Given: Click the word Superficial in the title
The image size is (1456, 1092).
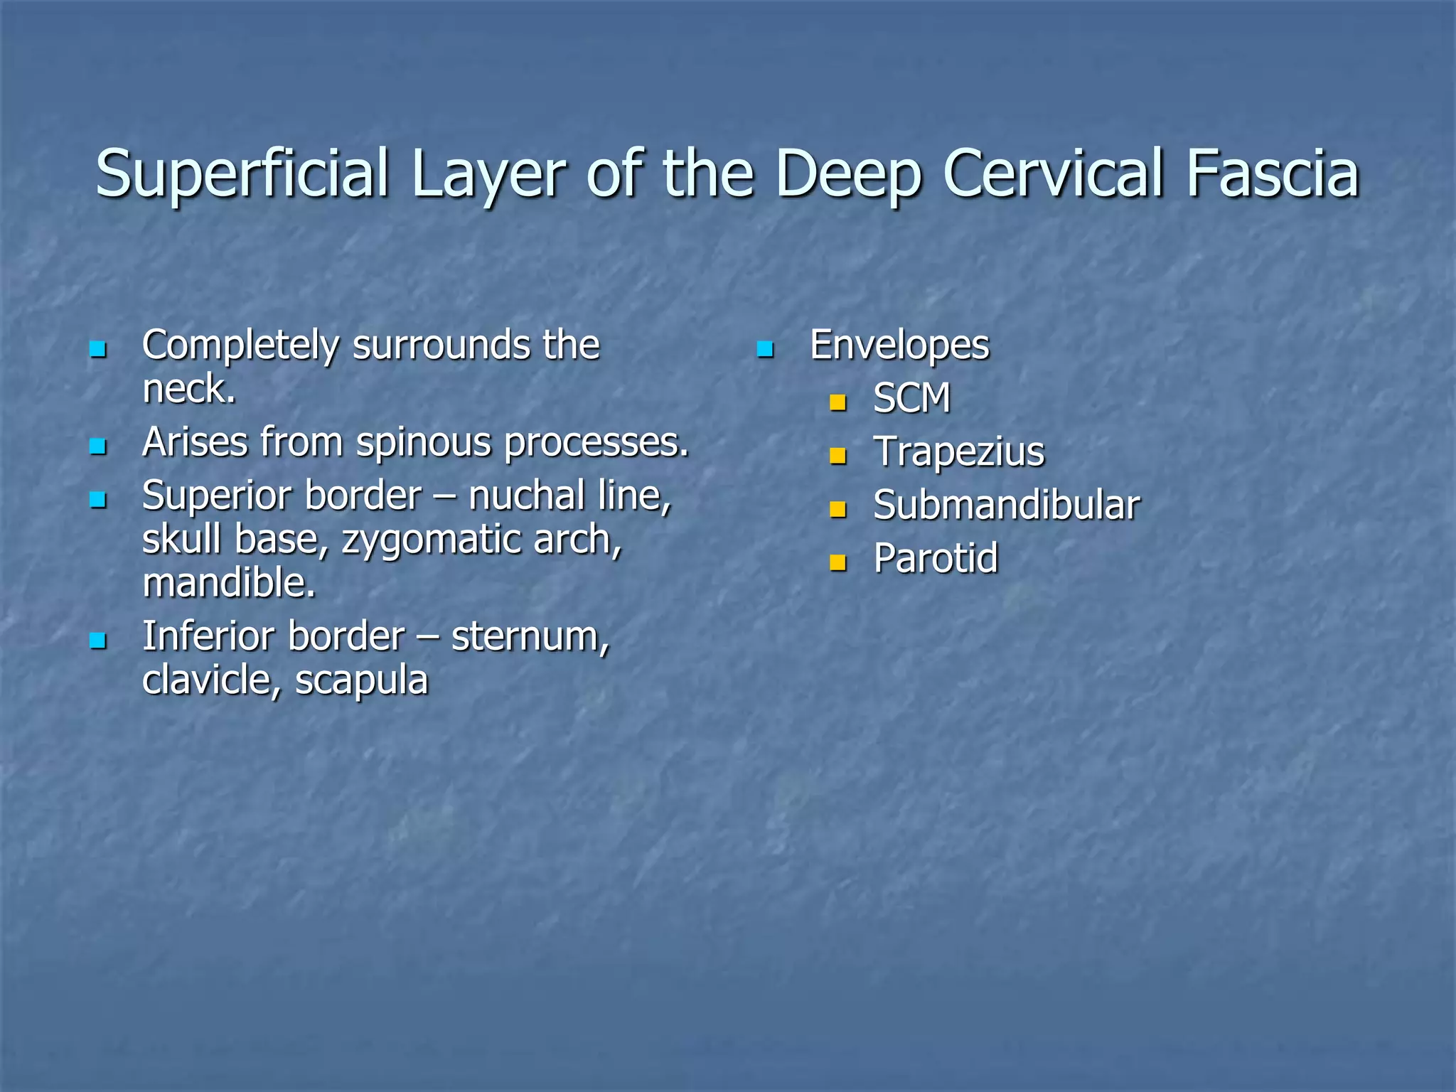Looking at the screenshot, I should (242, 175).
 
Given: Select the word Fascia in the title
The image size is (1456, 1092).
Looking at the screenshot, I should (1272, 173).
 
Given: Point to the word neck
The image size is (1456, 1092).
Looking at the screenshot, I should (188, 389).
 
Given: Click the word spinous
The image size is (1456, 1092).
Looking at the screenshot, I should (424, 443).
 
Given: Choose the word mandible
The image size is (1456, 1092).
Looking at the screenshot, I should (228, 583).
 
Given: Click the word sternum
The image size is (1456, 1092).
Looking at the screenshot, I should (530, 636).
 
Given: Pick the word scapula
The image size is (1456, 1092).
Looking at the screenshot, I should (361, 680).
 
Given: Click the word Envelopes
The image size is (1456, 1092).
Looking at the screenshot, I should (899, 346).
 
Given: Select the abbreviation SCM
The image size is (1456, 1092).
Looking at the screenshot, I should (911, 398).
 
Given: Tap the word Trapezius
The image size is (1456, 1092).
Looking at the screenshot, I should (959, 451).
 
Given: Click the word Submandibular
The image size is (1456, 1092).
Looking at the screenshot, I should (1007, 505).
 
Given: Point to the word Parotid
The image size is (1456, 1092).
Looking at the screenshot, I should (936, 558).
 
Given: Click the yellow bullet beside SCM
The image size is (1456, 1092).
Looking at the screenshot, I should (838, 403).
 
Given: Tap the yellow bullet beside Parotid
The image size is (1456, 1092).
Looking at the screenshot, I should (838, 563).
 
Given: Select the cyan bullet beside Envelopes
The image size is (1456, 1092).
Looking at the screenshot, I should (765, 349).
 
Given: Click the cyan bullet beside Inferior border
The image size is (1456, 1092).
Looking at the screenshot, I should (97, 641).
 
